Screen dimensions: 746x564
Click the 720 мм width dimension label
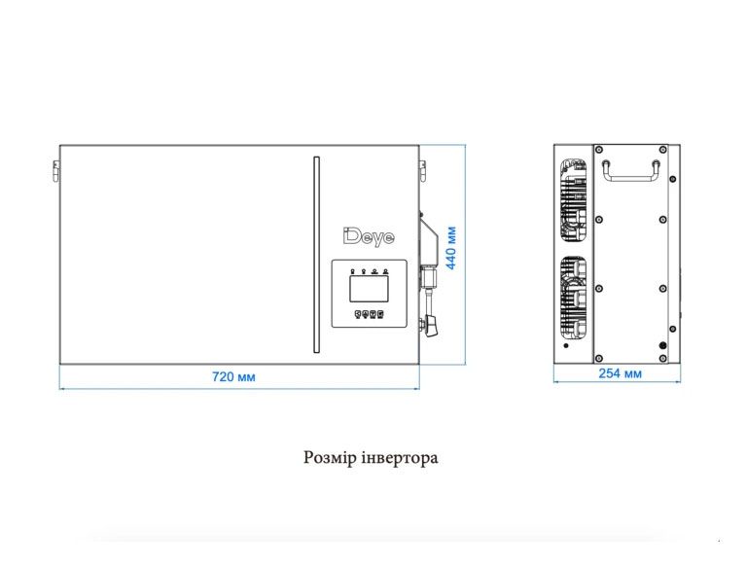(x=233, y=376)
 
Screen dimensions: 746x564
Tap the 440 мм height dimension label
(x=451, y=248)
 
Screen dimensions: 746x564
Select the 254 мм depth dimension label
(x=620, y=373)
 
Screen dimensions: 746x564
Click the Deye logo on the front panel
(x=369, y=237)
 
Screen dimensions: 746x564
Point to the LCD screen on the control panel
(x=369, y=289)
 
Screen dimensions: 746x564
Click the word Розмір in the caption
(x=330, y=457)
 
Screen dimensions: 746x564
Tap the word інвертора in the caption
(x=400, y=457)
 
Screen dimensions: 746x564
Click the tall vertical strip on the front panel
(x=316, y=255)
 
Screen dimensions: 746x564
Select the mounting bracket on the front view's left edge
(x=56, y=171)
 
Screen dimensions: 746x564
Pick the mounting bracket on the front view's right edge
(x=422, y=171)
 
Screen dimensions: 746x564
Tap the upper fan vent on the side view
(x=573, y=199)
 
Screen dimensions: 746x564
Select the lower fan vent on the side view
(x=573, y=298)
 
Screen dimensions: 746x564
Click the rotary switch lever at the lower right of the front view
(x=432, y=326)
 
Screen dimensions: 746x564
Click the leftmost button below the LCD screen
(x=359, y=314)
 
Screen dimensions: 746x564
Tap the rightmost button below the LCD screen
(x=380, y=314)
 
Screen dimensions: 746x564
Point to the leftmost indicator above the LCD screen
(x=352, y=271)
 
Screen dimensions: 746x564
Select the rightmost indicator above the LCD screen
(x=385, y=271)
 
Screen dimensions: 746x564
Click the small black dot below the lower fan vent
(x=566, y=345)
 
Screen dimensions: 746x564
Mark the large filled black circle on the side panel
(x=662, y=346)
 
